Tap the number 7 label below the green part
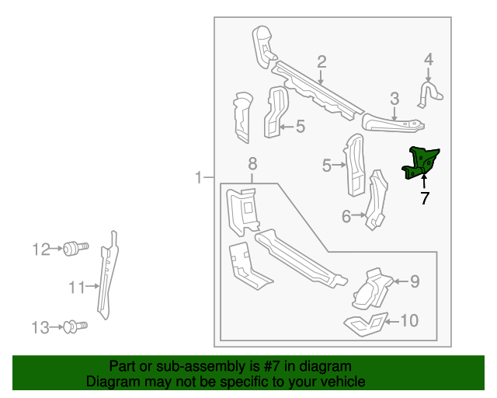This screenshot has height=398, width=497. [x=425, y=199]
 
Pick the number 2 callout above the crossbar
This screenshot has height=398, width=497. [x=321, y=62]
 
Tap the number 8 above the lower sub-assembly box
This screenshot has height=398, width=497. [x=252, y=164]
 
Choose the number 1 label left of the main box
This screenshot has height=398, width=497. [x=199, y=178]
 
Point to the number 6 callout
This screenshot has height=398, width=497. [x=346, y=216]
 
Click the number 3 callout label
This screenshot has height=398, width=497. [x=394, y=98]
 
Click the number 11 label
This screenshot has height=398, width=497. [x=75, y=288]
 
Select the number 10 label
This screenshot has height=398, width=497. [x=408, y=319]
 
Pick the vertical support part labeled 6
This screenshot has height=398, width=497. [x=377, y=201]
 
